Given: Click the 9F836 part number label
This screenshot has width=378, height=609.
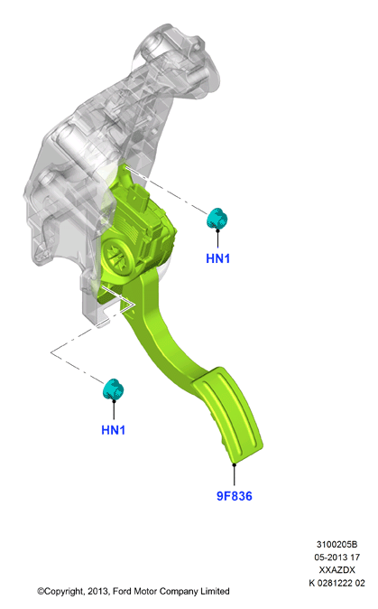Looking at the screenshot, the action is (x=235, y=496).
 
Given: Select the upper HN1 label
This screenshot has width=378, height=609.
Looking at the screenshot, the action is (x=218, y=258).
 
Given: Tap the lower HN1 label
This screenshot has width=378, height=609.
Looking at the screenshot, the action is (x=113, y=430).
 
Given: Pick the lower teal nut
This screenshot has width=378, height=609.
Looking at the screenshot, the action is (x=113, y=389).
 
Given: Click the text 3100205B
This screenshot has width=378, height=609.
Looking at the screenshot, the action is (x=337, y=545).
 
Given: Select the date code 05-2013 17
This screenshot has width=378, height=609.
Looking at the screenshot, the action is (x=337, y=557).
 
